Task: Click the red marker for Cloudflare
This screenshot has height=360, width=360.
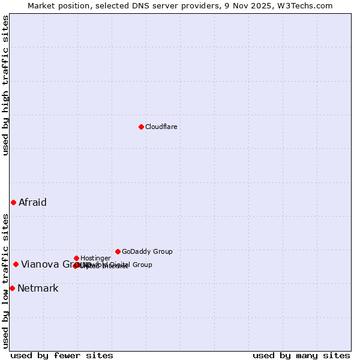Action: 141,127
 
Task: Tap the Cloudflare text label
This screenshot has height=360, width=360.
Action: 161,127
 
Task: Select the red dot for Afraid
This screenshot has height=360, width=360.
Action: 13,202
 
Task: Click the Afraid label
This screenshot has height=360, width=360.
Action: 32,202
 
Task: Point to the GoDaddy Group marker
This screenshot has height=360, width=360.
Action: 118,251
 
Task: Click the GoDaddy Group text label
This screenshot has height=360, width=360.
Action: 147,251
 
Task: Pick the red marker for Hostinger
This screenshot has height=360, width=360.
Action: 76,258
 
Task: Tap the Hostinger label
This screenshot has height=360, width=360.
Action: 95,258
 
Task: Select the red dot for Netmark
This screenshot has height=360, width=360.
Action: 12,288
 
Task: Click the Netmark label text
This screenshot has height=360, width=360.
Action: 38,288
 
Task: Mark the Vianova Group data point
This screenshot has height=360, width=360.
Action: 16,264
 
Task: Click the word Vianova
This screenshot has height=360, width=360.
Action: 40,264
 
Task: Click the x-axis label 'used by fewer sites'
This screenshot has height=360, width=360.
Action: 62,355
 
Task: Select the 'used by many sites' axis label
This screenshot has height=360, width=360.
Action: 301,355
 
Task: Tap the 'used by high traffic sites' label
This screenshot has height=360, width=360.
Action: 5,85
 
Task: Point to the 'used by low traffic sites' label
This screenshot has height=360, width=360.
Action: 5,281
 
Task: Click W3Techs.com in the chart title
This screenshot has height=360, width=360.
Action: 307,5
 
